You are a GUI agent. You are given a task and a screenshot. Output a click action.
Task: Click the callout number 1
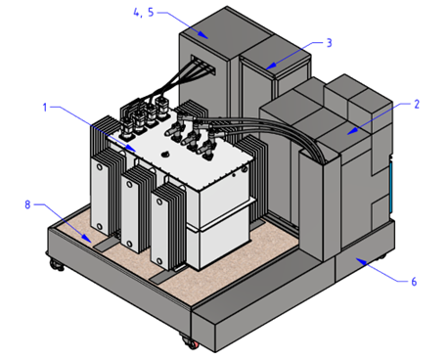pyautogui.click(x=45, y=107)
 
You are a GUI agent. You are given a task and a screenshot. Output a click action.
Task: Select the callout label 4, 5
pyautogui.click(x=144, y=13)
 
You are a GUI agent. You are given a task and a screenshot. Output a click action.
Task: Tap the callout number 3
pyautogui.click(x=330, y=43)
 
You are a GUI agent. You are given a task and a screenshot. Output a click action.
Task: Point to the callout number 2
pyautogui.click(x=417, y=104)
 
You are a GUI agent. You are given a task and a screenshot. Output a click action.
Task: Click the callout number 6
pyautogui.click(x=414, y=281)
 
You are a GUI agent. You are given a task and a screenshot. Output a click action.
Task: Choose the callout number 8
pyautogui.click(x=27, y=204)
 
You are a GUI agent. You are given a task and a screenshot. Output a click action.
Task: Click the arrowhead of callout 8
pyautogui.click(x=86, y=239)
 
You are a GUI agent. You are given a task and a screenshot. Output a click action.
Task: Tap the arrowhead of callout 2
pyautogui.click(x=352, y=131)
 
